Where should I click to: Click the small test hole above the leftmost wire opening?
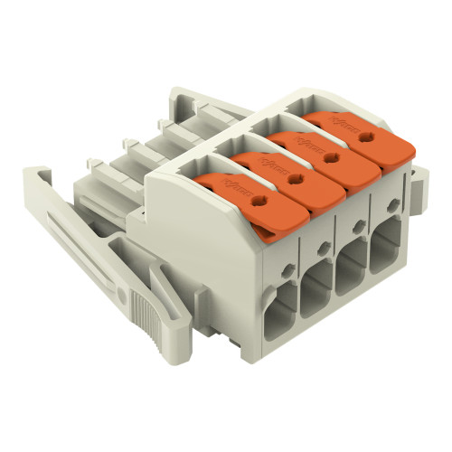(x=287, y=268)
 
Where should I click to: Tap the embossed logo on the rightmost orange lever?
(x=345, y=118)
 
